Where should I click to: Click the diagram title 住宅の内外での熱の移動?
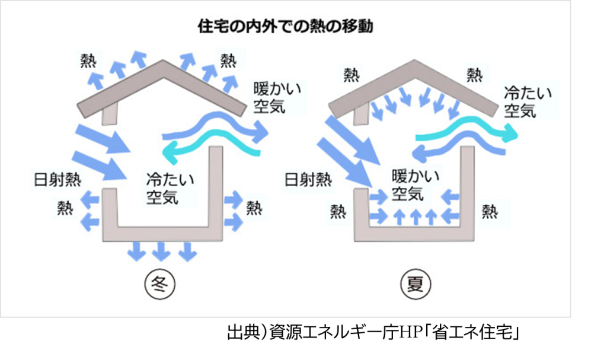tap(285, 26)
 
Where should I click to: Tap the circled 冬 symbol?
tap(160, 284)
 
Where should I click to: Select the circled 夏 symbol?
tap(416, 284)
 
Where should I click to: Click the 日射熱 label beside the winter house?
tap(57, 180)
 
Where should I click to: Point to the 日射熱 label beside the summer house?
tap(308, 180)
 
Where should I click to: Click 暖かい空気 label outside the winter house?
tap(277, 98)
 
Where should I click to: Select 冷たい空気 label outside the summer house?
tap(528, 102)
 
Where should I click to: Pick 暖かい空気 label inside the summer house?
tap(416, 185)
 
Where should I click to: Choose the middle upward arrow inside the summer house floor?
tap(416, 217)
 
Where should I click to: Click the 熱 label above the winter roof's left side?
tap(88, 60)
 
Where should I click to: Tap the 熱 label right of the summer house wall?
tap(490, 212)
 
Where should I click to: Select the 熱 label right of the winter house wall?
tap(254, 208)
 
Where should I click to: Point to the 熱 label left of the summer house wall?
tap(338, 212)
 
